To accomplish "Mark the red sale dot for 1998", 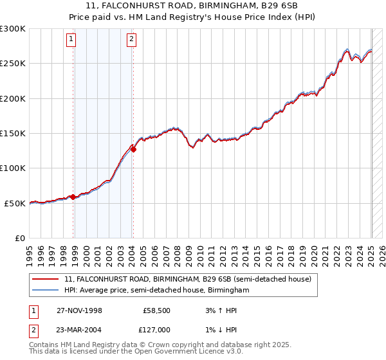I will click(x=73, y=197).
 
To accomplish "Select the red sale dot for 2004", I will click(x=133, y=150).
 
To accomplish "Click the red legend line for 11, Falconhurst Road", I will click(x=46, y=279).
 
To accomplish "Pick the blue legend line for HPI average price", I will click(x=46, y=290).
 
